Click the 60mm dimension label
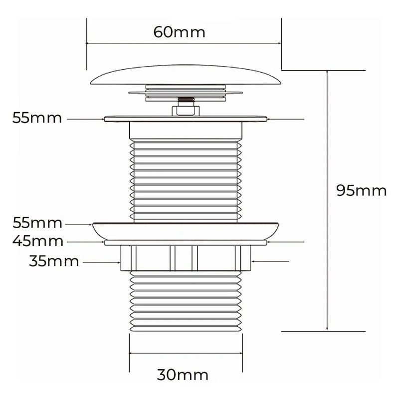[x=179, y=32]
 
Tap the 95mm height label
[x=361, y=191]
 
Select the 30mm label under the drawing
[x=183, y=375]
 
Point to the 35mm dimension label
[x=54, y=261]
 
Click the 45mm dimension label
[x=38, y=241]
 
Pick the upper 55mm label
[x=37, y=118]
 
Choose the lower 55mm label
[x=37, y=223]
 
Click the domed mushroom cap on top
[x=186, y=75]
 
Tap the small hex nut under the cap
[x=186, y=111]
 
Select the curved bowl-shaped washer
[x=186, y=231]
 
